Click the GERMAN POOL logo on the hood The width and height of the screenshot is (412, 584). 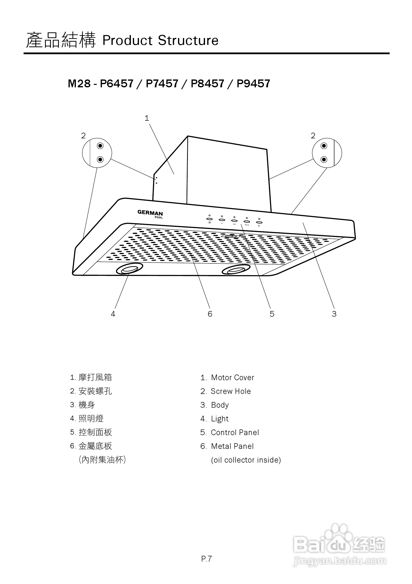point(150,214)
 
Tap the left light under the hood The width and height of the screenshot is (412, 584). point(129,269)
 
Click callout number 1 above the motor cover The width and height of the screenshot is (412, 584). point(147,118)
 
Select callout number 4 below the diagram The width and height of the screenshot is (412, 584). point(113,314)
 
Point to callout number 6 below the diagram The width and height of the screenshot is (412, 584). point(210,314)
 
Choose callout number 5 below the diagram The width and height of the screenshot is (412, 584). point(272,314)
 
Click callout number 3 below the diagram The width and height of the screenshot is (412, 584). point(334,314)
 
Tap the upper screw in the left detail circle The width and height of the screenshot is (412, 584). point(100,146)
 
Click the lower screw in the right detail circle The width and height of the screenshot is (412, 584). point(324,159)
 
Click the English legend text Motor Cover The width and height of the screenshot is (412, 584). point(233,377)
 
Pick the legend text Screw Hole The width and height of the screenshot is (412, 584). point(231,391)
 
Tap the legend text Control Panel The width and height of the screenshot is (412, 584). point(235,432)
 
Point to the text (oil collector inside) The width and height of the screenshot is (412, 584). point(246,460)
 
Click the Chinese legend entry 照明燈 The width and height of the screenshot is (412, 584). point(91,419)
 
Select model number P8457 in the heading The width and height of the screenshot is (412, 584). point(207,84)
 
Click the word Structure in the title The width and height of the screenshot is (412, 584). point(188,40)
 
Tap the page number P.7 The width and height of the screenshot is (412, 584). point(206,559)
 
